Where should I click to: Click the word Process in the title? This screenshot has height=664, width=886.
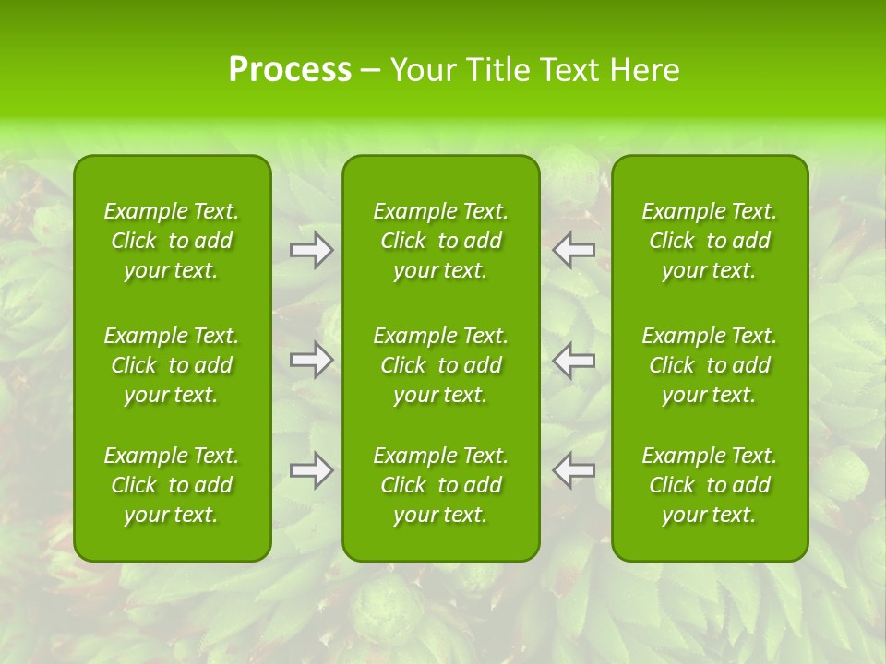290,70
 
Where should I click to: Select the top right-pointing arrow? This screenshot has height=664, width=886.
312,250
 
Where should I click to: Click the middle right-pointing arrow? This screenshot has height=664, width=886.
312,360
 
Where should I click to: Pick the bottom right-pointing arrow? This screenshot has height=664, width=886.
312,470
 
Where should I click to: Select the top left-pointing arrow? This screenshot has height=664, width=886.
573,250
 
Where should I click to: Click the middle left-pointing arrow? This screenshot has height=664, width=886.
573,360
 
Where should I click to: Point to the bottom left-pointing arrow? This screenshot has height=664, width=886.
573,470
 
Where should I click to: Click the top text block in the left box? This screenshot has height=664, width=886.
172,241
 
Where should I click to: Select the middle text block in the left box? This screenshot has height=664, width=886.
172,365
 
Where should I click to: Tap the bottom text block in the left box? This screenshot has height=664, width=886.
172,485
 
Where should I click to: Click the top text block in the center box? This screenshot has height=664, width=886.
440,241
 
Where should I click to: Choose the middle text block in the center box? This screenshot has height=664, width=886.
440,365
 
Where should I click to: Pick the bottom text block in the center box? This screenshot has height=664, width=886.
440,485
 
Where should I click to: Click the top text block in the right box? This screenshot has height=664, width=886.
710,241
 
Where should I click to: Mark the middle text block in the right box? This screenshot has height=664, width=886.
710,365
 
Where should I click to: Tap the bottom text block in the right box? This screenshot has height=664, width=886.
710,485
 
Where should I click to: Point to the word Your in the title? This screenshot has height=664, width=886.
423,70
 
